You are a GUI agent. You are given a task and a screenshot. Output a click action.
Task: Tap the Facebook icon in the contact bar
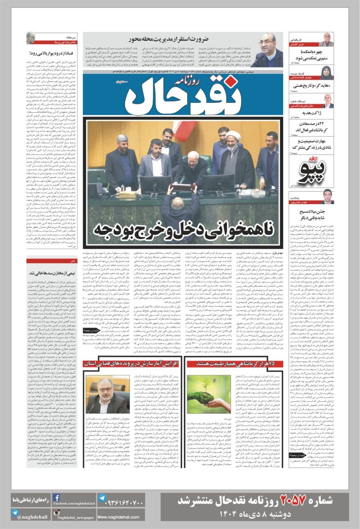57,498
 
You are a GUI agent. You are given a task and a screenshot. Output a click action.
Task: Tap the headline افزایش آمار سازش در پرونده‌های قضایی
131,364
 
